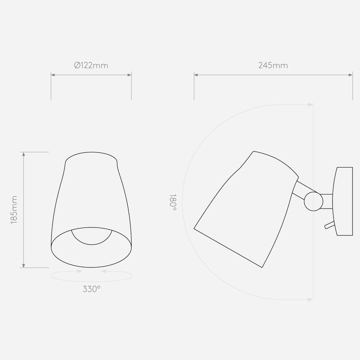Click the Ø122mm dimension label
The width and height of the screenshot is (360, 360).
tap(91, 65)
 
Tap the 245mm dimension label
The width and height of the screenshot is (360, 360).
tap(273, 65)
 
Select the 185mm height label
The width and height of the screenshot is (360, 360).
tap(14, 210)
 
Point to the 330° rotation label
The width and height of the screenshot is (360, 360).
tap(91, 289)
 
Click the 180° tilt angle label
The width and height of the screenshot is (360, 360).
tap(173, 202)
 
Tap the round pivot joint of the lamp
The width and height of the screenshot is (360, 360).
tap(313, 201)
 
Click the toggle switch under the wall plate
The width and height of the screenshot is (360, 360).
tap(329, 225)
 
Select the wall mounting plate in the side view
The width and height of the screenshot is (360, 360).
tap(343, 201)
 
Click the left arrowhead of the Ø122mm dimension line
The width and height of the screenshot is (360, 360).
tap(53, 75)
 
